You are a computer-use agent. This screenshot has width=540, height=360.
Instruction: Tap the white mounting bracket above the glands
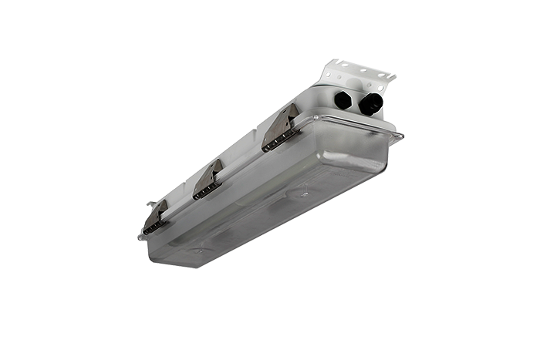(x=359, y=76)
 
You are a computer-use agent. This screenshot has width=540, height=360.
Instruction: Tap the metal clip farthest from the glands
(x=157, y=218)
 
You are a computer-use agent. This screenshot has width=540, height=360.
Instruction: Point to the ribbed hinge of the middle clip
(x=207, y=190)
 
